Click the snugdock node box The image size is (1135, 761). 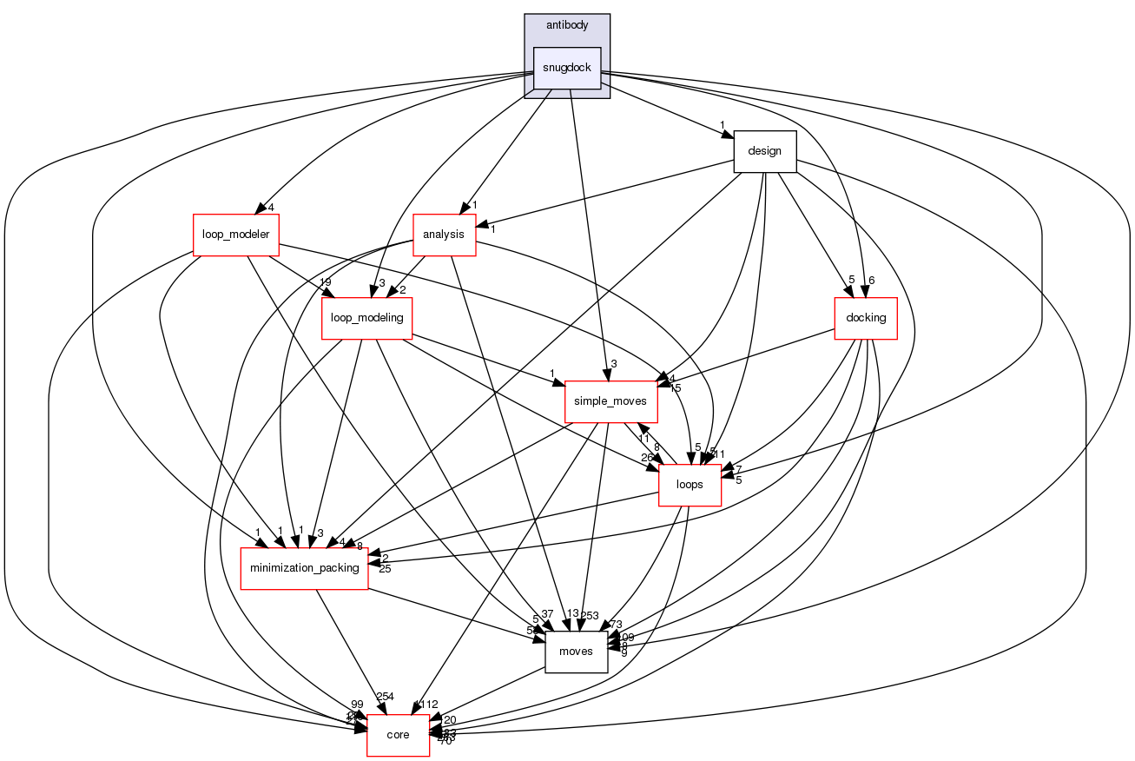click(567, 68)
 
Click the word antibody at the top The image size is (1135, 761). click(566, 25)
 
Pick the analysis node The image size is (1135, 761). click(444, 235)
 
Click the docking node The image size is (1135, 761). click(865, 318)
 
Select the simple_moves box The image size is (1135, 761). click(611, 402)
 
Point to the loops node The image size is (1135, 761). click(690, 485)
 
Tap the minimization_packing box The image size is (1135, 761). click(304, 568)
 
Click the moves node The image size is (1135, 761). click(576, 652)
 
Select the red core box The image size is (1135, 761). click(398, 735)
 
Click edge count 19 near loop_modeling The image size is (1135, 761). click(325, 283)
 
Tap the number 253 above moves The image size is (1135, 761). click(589, 615)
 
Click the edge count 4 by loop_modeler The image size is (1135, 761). click(272, 207)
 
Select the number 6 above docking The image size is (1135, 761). click(871, 280)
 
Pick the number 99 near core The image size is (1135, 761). click(357, 704)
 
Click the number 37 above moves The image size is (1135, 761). click(546, 614)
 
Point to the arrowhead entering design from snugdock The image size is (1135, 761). click(727, 133)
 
